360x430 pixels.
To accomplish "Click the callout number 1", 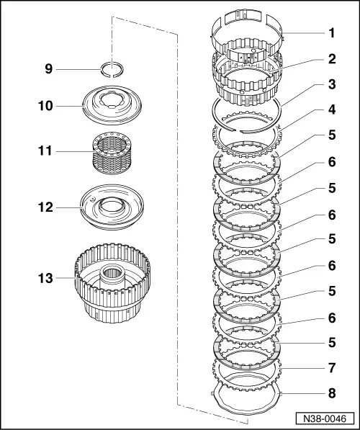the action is point(332,33).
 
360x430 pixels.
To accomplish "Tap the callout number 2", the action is point(332,59).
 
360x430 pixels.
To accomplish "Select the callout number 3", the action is point(332,84).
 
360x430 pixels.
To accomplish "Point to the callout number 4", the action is point(332,109).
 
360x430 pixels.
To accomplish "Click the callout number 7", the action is point(332,368).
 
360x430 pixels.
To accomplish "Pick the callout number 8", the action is point(332,393).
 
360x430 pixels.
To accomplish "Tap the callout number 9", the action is point(48,69).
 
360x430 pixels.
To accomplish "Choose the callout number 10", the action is point(45,106).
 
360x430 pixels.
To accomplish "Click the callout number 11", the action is point(45,151).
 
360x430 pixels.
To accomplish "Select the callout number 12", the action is point(45,207).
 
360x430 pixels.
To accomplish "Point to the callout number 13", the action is point(45,278).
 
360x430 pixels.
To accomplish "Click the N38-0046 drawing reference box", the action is point(325,418).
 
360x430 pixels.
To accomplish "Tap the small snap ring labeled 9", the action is point(102,72).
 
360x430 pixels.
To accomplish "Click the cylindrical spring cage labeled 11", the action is point(112,154).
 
